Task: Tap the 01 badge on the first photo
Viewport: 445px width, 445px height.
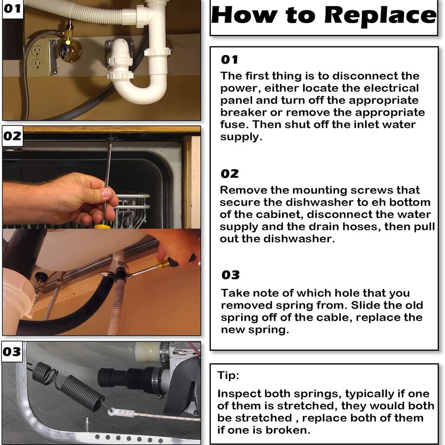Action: (x=12, y=8)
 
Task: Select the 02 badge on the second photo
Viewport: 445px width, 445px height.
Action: (x=12, y=136)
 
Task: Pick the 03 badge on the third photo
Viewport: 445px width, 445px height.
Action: (x=12, y=352)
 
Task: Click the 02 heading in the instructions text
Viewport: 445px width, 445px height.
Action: (x=230, y=174)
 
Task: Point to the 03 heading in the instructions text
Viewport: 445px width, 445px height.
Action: (x=231, y=275)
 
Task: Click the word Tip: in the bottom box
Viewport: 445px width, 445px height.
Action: (x=228, y=375)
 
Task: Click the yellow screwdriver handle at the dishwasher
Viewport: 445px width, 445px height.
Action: (x=102, y=227)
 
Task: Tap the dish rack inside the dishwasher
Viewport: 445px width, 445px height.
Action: (x=131, y=210)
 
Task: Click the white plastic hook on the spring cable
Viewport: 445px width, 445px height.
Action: (x=121, y=412)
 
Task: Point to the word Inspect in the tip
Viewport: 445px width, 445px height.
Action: (x=240, y=394)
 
